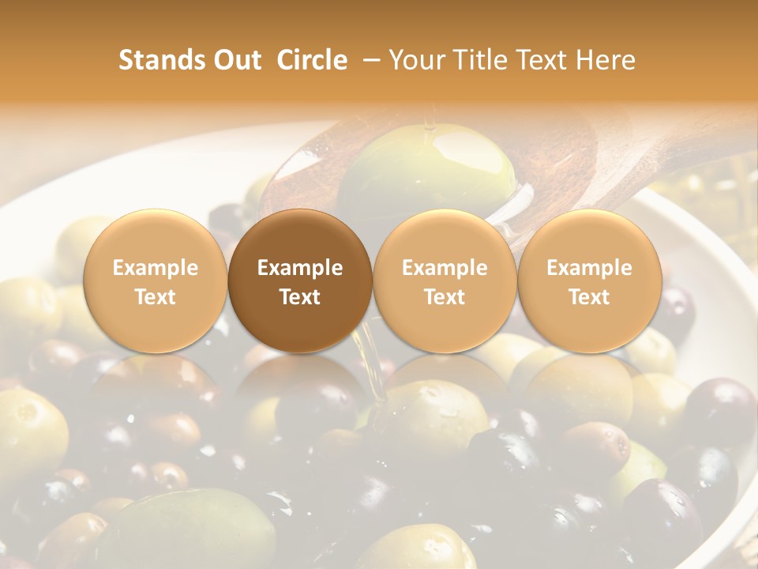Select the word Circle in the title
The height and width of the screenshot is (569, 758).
(x=312, y=61)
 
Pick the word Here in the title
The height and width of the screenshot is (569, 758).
(x=605, y=61)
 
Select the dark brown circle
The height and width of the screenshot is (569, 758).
(x=300, y=281)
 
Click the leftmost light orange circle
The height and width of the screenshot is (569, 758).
(x=156, y=281)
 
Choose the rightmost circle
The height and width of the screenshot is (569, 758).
(x=589, y=281)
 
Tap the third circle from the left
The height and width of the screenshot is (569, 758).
(x=445, y=281)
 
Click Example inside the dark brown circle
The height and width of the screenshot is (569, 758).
(x=300, y=268)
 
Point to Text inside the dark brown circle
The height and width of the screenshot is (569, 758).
(x=300, y=297)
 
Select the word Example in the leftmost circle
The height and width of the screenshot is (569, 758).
(x=156, y=268)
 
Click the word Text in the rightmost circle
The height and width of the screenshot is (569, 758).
(x=589, y=297)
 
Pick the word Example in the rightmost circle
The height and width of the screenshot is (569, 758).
(x=589, y=268)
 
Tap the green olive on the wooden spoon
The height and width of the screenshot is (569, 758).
(x=426, y=170)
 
